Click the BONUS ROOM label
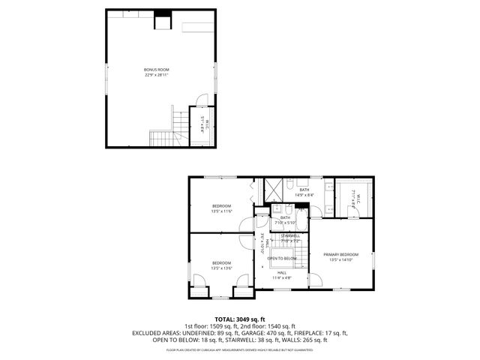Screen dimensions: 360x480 (157, 70)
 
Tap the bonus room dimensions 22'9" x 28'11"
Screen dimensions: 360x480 (157, 75)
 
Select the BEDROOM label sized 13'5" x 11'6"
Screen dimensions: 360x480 (220, 205)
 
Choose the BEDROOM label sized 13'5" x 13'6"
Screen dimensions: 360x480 (220, 262)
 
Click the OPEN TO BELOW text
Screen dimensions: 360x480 (282, 258)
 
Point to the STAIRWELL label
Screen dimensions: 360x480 (290, 235)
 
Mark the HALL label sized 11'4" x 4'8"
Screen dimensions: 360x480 (282, 274)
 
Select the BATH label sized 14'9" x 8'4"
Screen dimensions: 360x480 (304, 192)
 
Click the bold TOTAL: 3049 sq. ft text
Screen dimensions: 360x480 (240, 319)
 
